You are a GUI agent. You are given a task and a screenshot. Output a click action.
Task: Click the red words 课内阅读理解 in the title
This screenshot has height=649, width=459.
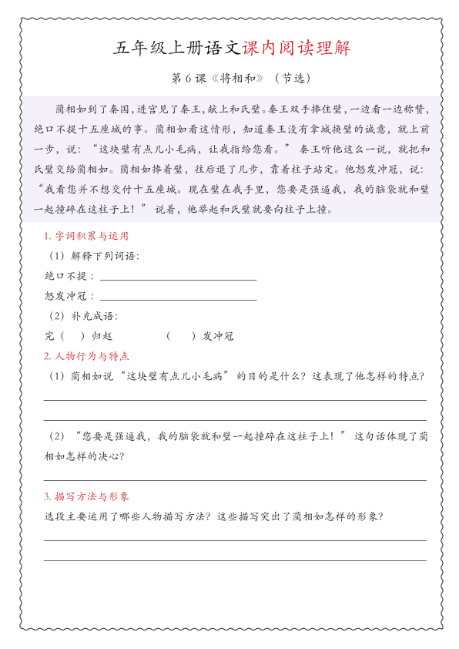coord(296,49)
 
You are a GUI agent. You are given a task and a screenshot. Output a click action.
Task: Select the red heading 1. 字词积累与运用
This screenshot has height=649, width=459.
coord(86,236)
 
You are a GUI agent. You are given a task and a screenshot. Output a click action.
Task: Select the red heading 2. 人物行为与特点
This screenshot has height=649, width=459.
coord(86,357)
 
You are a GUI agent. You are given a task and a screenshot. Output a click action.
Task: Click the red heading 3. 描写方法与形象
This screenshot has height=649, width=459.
coord(86,496)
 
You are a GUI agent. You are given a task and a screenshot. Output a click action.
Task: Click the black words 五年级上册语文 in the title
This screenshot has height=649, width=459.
coord(177,49)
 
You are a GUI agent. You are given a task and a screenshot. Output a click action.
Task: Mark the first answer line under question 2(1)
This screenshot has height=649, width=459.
coord(235,399)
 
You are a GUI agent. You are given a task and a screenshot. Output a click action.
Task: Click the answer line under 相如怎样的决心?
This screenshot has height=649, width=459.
coord(235,479)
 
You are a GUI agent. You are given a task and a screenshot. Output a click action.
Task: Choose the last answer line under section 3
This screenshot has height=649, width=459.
coord(235,560)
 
